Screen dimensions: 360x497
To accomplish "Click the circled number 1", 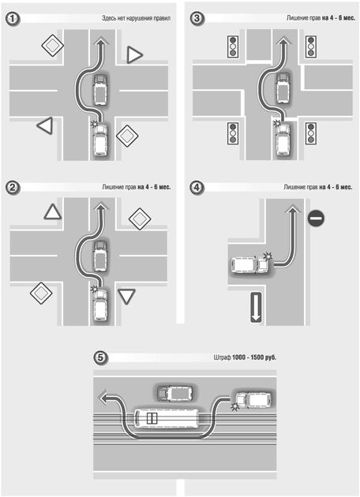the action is tap(13, 19).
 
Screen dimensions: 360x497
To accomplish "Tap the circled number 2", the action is tap(13, 188).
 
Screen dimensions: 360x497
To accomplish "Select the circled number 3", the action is tap(197, 18).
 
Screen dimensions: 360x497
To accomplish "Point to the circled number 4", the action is tap(197, 187).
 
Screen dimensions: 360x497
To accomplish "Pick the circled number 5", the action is tap(100, 358).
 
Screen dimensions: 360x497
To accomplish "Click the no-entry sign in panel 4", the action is tap(316, 218).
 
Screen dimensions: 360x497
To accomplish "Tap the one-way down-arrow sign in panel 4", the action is tap(256, 308).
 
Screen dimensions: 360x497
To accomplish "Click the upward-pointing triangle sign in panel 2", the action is tap(53, 211).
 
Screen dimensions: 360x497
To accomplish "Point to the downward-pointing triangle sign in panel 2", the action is tap(126, 297).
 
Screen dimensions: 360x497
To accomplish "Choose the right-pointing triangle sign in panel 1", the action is tap(135, 55).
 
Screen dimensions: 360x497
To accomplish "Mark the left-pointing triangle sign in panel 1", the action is tap(45, 125).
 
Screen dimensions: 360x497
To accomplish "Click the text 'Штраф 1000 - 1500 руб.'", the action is tap(245, 357).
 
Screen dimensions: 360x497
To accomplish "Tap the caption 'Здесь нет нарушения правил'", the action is tap(136, 18).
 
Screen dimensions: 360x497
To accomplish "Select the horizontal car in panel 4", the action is tap(249, 265).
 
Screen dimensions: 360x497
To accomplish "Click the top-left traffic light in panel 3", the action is tap(233, 47).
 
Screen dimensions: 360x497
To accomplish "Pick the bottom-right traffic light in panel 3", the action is tap(311, 133).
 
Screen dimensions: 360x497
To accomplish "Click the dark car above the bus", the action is tap(174, 393).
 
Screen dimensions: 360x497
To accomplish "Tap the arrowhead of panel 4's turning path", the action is tap(291, 210).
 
